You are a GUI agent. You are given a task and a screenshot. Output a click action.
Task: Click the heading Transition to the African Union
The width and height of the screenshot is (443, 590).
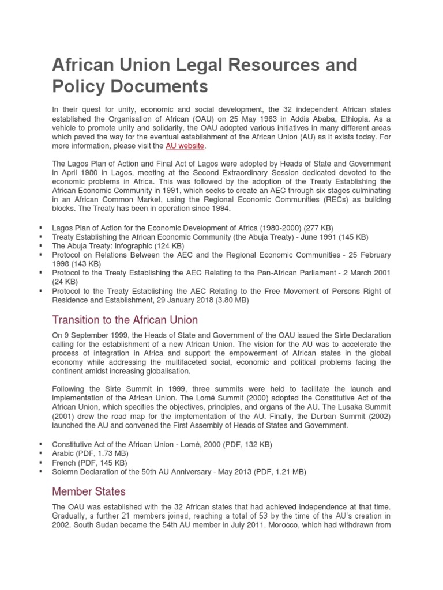tap(125, 319)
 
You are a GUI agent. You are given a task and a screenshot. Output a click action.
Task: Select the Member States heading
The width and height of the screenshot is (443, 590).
tap(89, 491)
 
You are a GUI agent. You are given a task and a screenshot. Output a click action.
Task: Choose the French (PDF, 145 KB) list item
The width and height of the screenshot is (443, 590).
tap(89, 463)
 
